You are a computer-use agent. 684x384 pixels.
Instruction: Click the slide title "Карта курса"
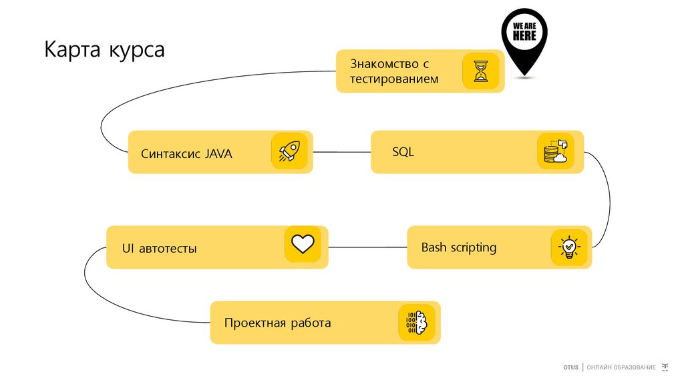[x=104, y=50]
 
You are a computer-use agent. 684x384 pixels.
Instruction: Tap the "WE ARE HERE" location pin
[x=524, y=37]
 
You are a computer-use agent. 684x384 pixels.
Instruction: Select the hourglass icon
[x=481, y=71]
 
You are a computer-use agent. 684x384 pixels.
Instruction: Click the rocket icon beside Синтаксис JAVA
[x=289, y=151]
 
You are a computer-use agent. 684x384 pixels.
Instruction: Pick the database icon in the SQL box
[x=555, y=151]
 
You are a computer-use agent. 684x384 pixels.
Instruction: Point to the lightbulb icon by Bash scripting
[x=568, y=247]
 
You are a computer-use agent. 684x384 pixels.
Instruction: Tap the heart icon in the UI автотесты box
[x=303, y=244]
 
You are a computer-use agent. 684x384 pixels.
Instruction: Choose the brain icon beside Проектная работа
[x=416, y=323]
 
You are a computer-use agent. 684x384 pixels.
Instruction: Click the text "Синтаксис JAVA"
[x=186, y=153]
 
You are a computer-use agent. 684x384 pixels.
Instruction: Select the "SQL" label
[x=403, y=152]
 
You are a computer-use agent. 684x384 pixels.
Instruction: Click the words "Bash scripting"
[x=459, y=247]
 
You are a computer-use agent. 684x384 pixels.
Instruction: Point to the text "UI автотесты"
[x=159, y=249]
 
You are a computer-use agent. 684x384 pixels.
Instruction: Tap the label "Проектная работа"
[x=277, y=323]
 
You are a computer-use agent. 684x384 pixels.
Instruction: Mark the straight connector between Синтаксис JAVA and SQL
[x=342, y=153]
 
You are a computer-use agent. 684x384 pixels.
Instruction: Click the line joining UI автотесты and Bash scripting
[x=367, y=247]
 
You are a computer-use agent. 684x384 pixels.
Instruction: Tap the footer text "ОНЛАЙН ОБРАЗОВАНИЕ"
[x=621, y=368]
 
